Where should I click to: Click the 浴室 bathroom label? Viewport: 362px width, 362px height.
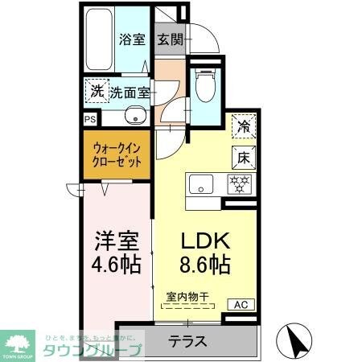click(131, 38)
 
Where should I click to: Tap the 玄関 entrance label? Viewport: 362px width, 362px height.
click(169, 39)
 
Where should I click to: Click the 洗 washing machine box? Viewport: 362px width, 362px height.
click(96, 91)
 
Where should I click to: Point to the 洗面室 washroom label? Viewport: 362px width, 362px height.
click(130, 92)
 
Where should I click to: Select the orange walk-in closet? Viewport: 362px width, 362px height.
click(117, 154)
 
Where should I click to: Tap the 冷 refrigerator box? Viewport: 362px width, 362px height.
click(241, 126)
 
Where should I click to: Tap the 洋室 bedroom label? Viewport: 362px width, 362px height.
click(117, 241)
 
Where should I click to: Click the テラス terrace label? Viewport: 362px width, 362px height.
click(187, 341)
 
